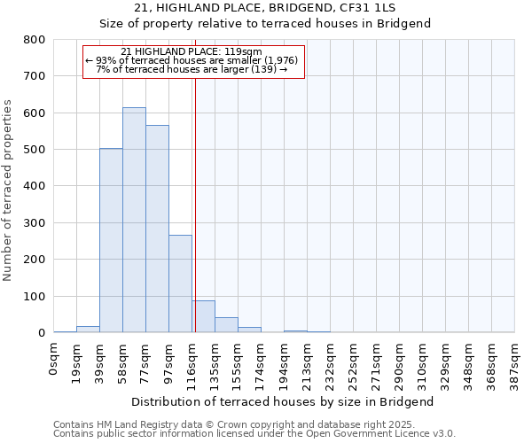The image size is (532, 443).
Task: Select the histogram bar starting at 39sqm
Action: [x=111, y=240]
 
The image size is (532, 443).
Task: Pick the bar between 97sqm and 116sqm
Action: [x=180, y=284]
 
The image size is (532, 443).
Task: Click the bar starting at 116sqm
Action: [x=203, y=316]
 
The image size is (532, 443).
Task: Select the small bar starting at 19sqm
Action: [x=88, y=329]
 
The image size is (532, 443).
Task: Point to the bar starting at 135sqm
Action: [x=226, y=324]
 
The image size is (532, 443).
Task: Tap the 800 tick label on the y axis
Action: [x=35, y=40]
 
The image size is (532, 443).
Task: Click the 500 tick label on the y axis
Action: [x=35, y=150]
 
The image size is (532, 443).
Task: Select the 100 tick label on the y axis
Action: [x=35, y=296]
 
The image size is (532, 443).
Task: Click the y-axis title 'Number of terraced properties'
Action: [x=8, y=190]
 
